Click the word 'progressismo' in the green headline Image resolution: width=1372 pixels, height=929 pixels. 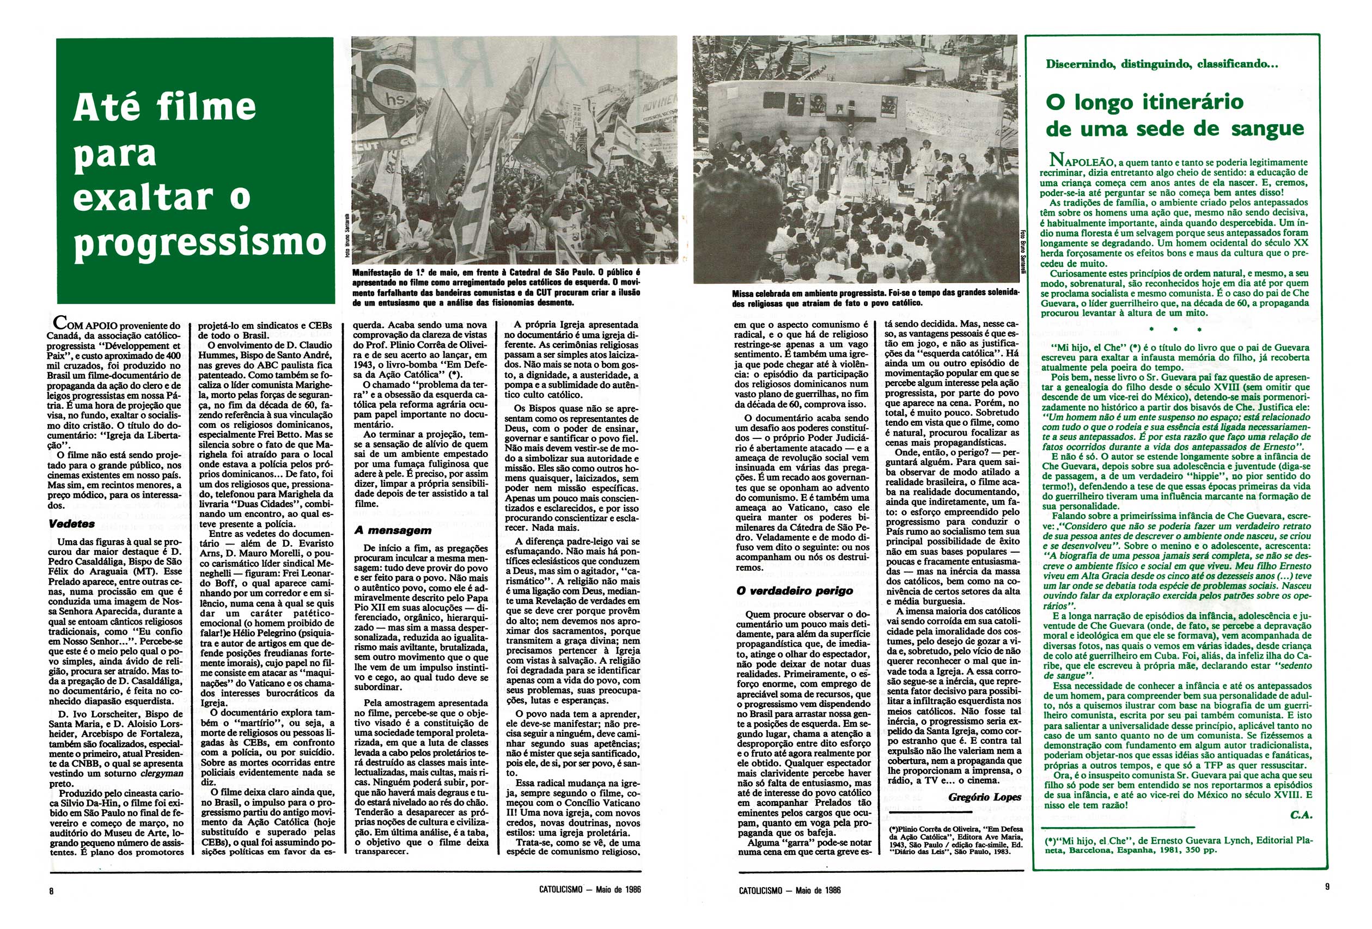pyautogui.click(x=199, y=242)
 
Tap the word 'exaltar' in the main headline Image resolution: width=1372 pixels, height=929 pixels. pyautogui.click(x=143, y=197)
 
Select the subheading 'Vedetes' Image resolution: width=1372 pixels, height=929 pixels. pyautogui.click(x=71, y=523)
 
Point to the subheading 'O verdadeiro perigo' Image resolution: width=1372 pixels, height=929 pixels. pyautogui.click(x=795, y=591)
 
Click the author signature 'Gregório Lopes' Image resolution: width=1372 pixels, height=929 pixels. pyautogui.click(x=984, y=797)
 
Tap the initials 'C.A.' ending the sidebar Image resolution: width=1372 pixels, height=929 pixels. pyautogui.click(x=1301, y=815)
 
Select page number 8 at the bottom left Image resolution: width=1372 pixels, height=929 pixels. pyautogui.click(x=51, y=891)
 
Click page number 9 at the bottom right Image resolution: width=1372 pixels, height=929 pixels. pyautogui.click(x=1328, y=887)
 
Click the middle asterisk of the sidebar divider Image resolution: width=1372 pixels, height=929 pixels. pyautogui.click(x=1175, y=329)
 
